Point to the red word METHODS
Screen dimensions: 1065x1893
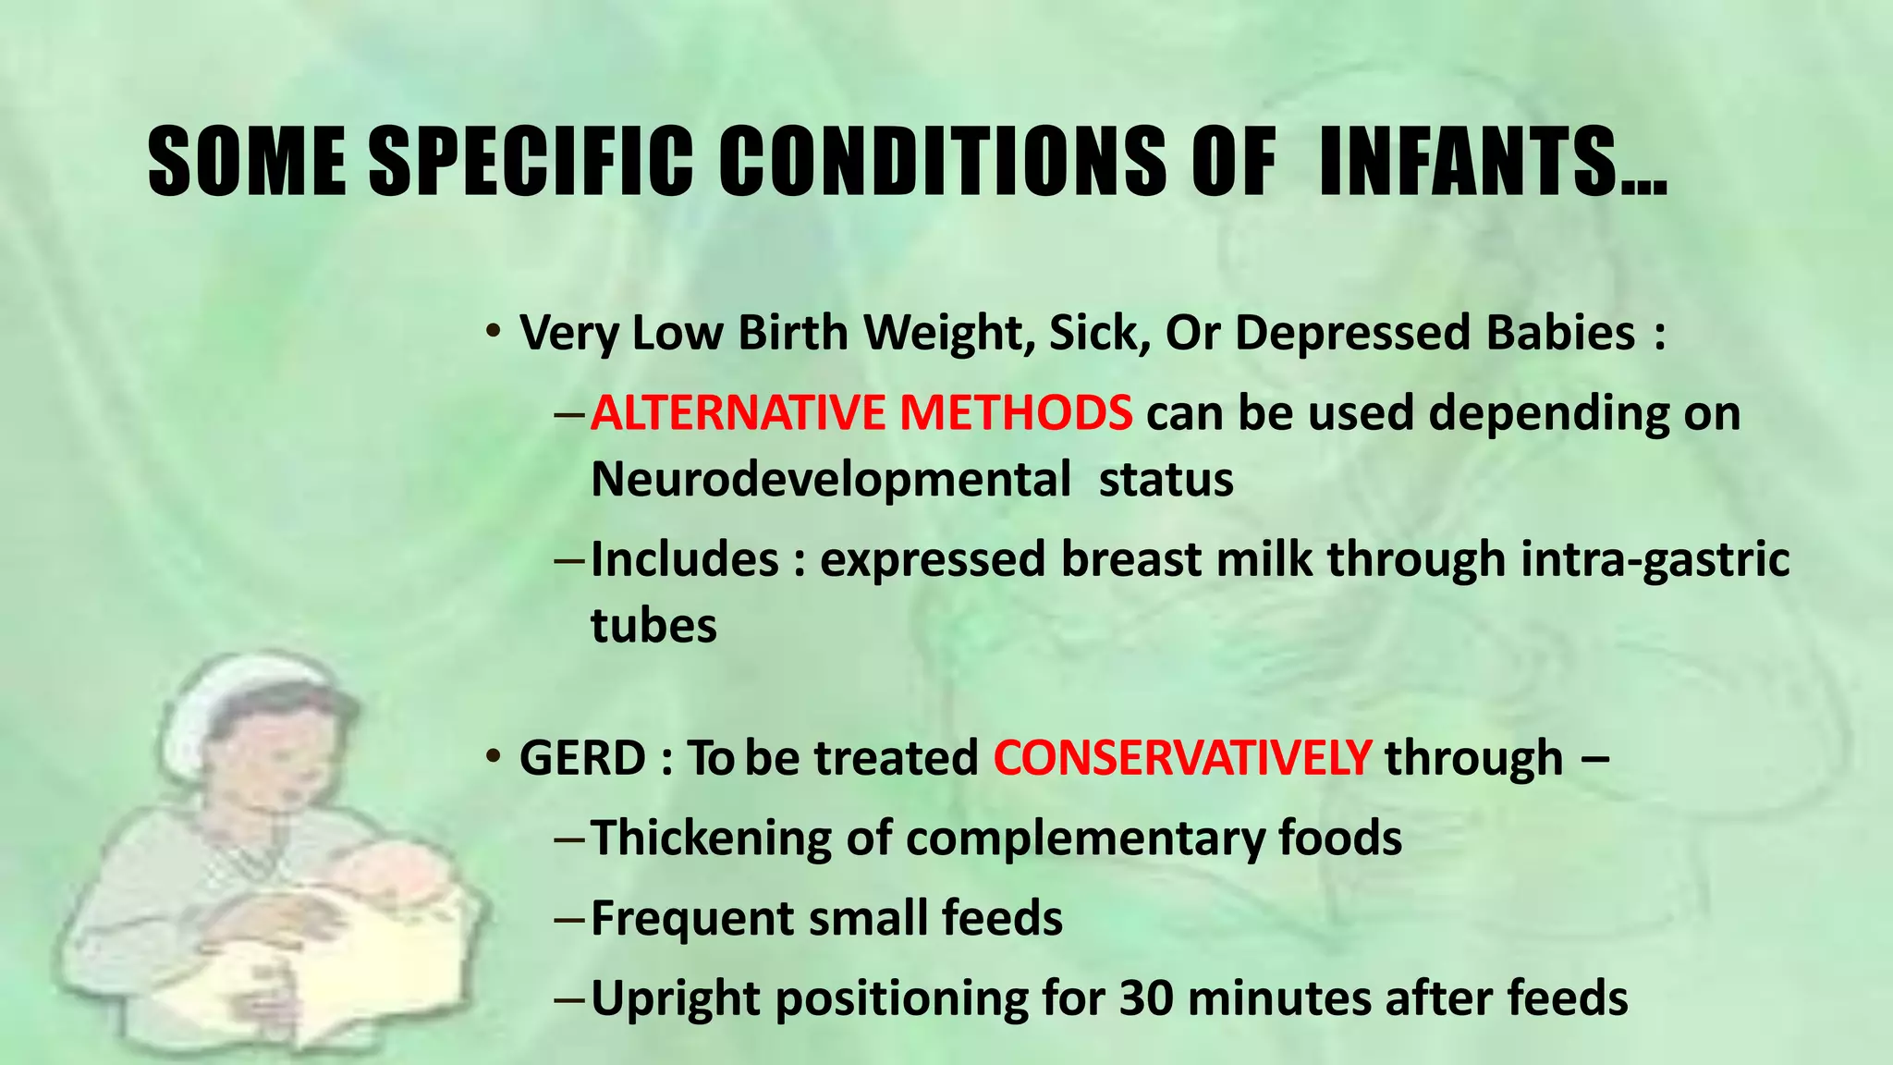pos(1016,412)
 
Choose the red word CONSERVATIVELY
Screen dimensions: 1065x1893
pos(1182,758)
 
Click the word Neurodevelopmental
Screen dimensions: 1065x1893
pos(830,480)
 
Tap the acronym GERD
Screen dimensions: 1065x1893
pos(582,758)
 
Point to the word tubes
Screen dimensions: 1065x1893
pos(653,626)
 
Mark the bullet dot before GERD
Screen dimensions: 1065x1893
pos(495,757)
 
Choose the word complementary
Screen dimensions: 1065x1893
pos(1085,839)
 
